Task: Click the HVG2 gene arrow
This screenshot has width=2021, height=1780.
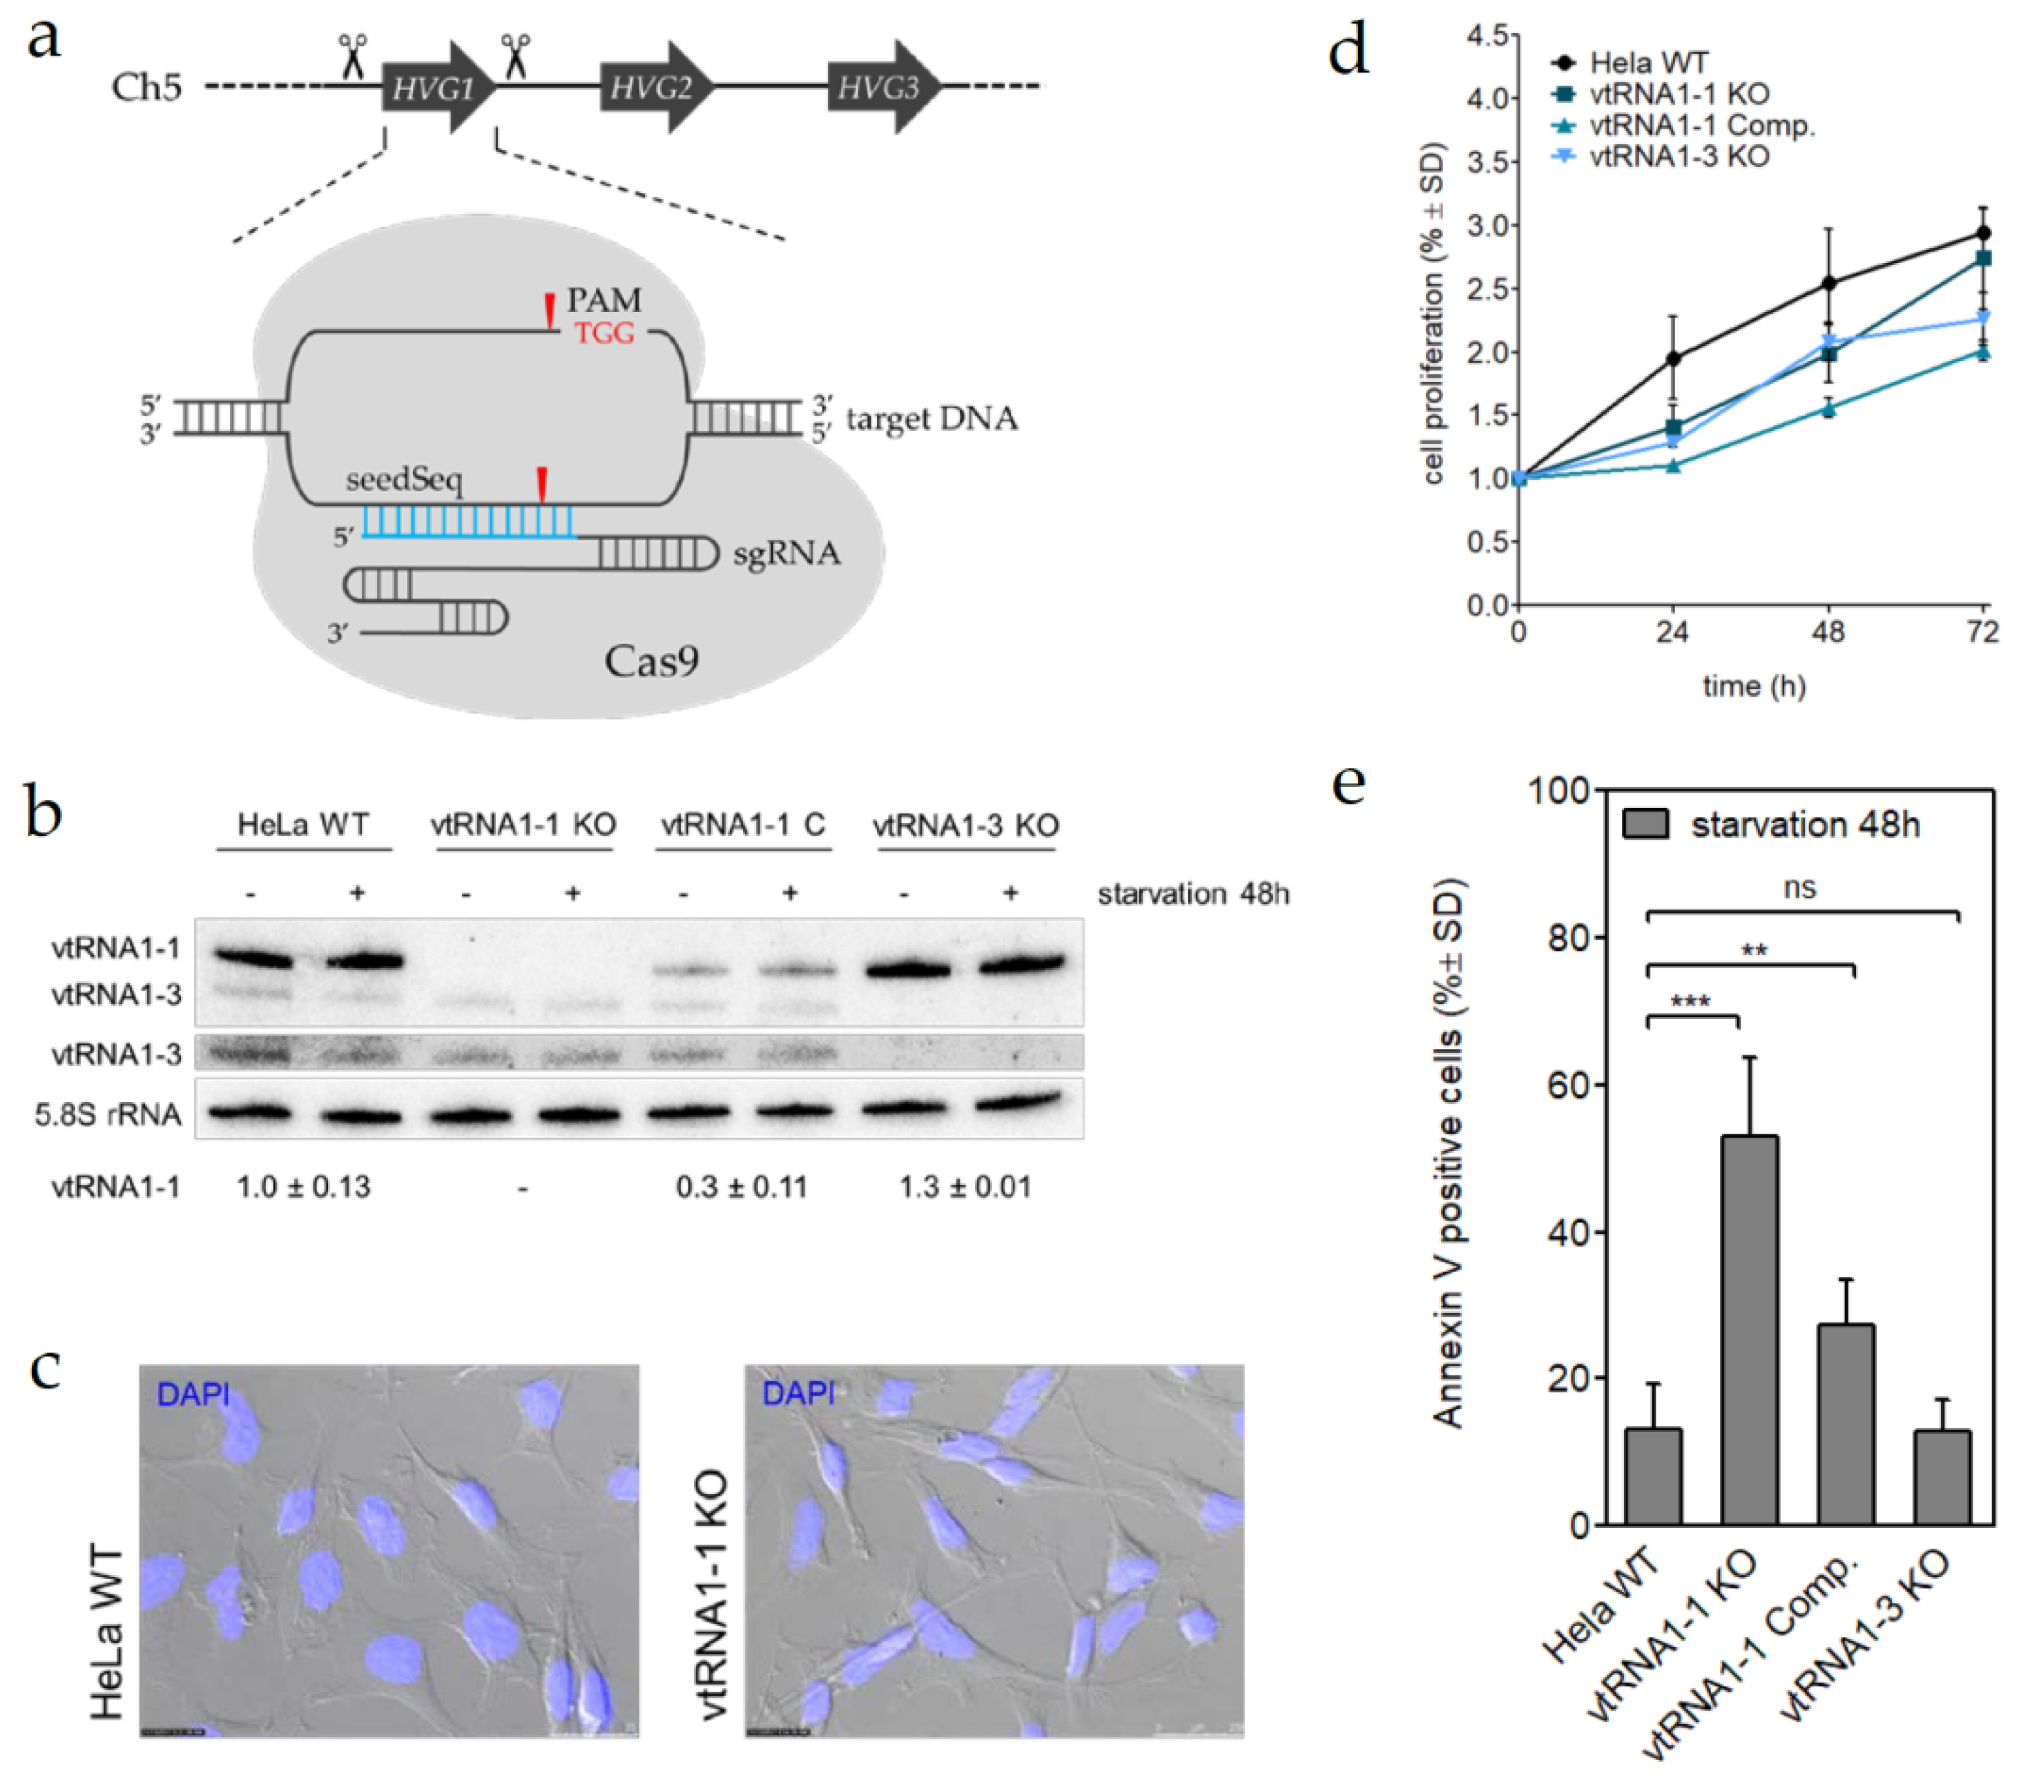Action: coord(652,88)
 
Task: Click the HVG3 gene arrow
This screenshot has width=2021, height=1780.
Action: coord(880,88)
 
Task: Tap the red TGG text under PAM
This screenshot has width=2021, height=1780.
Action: coord(604,333)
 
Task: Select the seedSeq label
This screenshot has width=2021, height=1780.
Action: coord(405,480)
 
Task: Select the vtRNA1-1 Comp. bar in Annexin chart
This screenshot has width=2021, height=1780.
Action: coord(1845,1424)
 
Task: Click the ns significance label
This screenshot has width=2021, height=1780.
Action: coord(1799,887)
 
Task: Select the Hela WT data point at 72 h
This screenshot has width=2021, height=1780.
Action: coord(1982,233)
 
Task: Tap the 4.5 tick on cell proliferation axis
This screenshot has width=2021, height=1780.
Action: coord(1492,36)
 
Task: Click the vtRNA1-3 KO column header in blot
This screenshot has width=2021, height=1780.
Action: coord(966,824)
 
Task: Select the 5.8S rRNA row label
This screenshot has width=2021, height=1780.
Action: coord(109,1114)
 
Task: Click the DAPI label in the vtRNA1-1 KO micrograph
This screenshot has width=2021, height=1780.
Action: coord(798,1393)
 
